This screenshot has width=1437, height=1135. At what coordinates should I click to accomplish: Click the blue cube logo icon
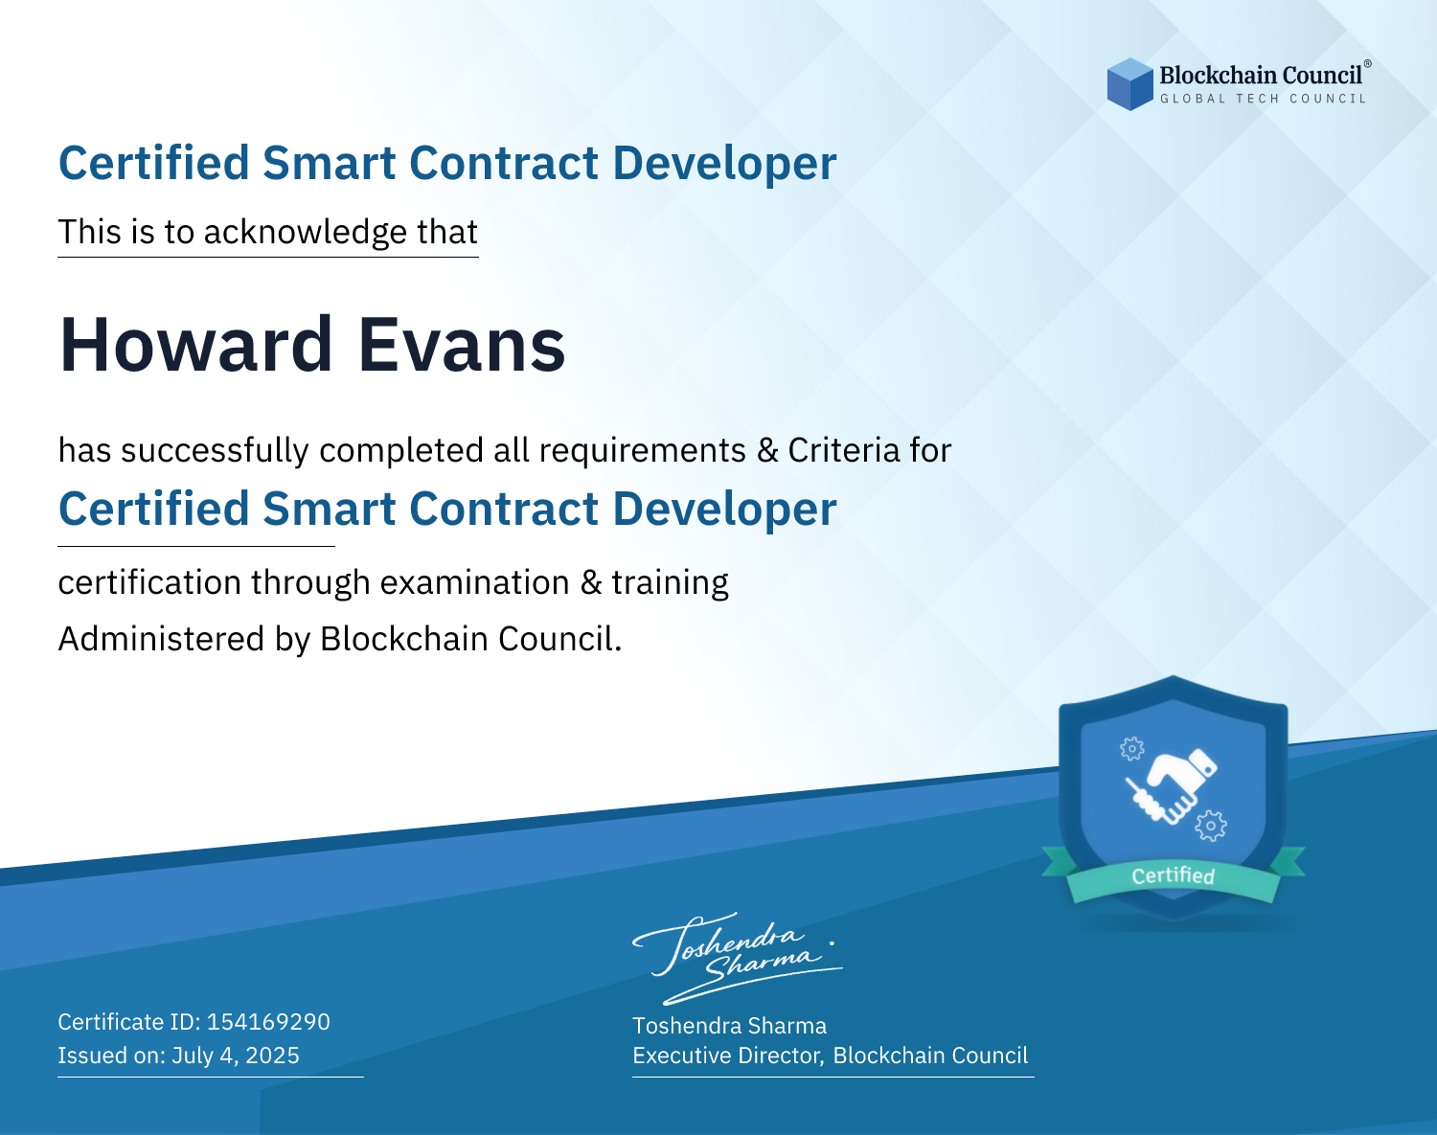[x=1129, y=84]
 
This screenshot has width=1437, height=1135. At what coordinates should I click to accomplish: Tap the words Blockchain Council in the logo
[x=1261, y=75]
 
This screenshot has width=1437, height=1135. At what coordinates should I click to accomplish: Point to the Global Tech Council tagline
[x=1263, y=99]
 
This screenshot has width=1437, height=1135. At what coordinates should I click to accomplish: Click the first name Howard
[x=195, y=345]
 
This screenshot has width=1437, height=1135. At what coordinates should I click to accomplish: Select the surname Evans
[x=462, y=345]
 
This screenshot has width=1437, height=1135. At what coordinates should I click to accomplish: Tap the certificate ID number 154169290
[x=268, y=1022]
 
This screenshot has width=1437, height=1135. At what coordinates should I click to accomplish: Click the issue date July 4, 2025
[x=236, y=1056]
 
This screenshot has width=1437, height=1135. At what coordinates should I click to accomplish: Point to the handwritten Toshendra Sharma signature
[x=738, y=959]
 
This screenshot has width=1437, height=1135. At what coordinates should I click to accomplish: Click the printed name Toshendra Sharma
[x=729, y=1026]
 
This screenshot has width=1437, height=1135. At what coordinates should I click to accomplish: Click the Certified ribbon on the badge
[x=1174, y=875]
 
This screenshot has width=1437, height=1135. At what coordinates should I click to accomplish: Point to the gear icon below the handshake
[x=1211, y=826]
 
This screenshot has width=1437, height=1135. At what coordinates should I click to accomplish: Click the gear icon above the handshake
[x=1131, y=748]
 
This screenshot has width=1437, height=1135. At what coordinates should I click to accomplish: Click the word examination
[x=475, y=582]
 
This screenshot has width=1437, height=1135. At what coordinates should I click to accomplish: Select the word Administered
[x=162, y=639]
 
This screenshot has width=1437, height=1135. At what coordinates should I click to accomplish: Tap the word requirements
[x=643, y=450]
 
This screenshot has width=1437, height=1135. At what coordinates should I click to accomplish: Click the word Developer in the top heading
[x=724, y=164]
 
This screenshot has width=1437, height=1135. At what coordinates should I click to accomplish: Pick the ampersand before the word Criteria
[x=767, y=450]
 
